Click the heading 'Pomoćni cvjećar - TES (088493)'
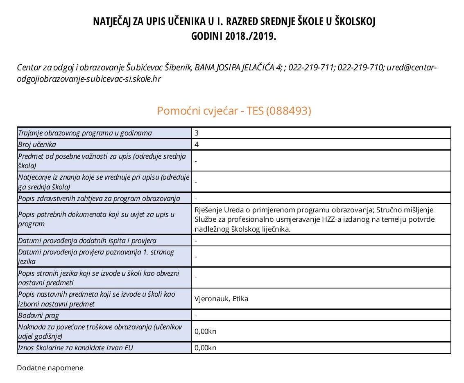[234, 111]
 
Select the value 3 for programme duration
[197, 133]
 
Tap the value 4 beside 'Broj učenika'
[197, 144]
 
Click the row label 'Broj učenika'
[37, 144]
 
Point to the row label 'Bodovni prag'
[38, 315]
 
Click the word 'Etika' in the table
[240, 299]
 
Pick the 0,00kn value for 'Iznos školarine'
[206, 348]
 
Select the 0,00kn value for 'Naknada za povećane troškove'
[206, 331]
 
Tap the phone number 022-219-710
[360, 68]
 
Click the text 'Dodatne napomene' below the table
[50, 368]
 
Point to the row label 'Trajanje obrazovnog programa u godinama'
[85, 133]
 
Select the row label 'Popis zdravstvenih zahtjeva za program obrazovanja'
[99, 198]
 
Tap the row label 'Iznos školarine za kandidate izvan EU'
[76, 348]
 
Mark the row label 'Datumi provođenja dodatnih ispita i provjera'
[87, 241]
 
